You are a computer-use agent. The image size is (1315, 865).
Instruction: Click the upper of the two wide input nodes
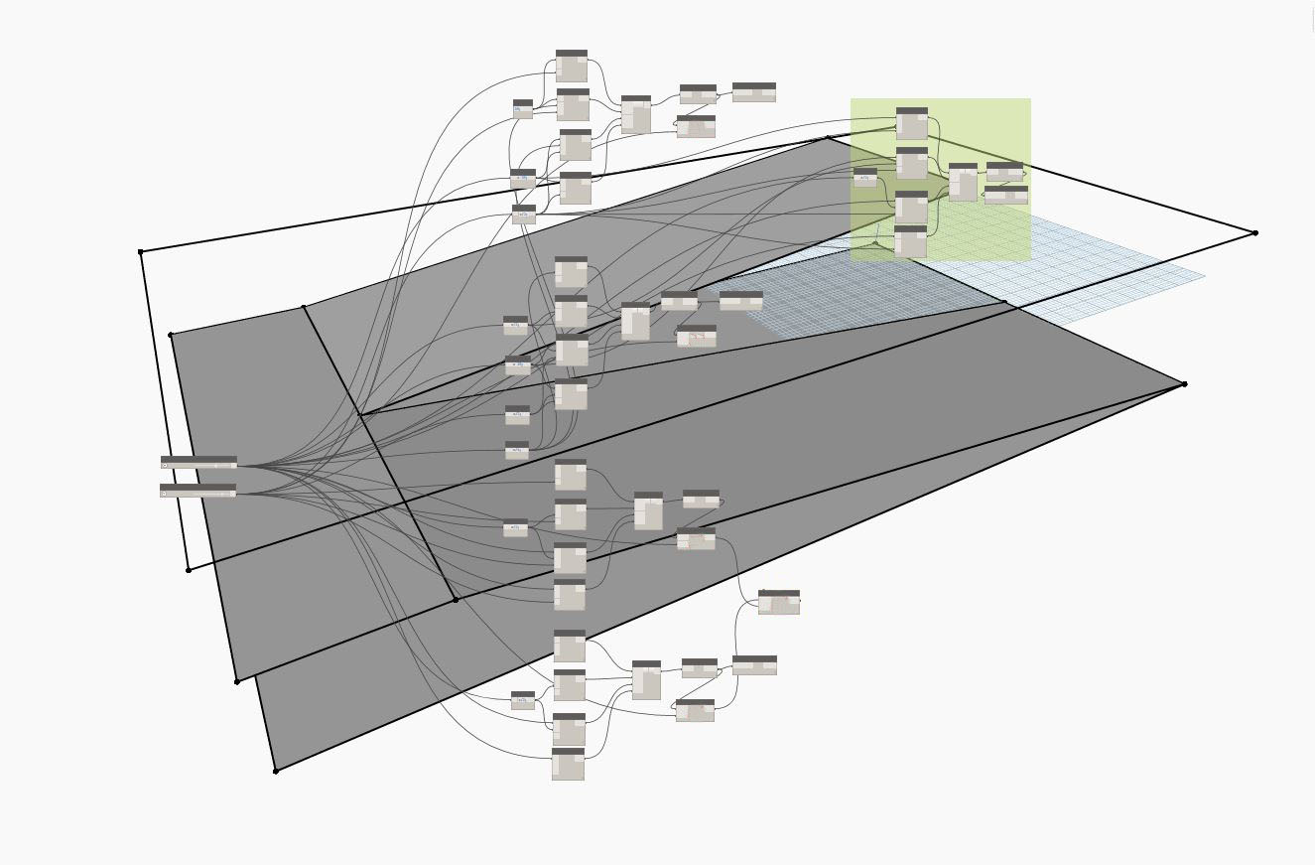[x=198, y=462]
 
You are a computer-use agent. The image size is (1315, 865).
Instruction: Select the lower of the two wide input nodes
[x=198, y=491]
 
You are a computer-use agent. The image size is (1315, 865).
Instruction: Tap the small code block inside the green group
[x=865, y=178]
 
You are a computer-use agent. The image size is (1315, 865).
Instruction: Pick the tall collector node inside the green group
[x=963, y=183]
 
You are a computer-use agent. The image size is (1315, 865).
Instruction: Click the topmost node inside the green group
[x=912, y=123]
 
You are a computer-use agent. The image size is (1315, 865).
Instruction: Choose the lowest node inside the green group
[x=910, y=241]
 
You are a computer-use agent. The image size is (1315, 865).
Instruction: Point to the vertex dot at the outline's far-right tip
[x=1255, y=233]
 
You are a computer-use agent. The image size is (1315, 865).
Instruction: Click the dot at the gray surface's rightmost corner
[x=1184, y=384]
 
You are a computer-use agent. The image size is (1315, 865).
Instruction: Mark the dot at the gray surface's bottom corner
[x=276, y=771]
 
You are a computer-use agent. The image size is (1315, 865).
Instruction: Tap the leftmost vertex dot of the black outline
[x=141, y=252]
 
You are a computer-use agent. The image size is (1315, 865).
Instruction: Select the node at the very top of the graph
[x=572, y=66]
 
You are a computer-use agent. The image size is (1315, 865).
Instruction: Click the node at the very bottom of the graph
[x=568, y=764]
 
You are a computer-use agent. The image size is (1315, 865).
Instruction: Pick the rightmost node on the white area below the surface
[x=779, y=602]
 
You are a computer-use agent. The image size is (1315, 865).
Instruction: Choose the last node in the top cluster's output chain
[x=754, y=92]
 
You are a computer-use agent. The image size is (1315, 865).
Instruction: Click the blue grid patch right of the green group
[x=1112, y=268]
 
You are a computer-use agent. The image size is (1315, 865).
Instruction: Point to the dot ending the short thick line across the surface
[x=456, y=600]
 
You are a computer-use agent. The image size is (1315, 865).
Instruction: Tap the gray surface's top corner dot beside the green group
[x=828, y=138]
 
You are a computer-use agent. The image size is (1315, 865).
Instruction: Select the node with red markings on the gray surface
[x=697, y=336]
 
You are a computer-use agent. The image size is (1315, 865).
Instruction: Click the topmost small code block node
[x=523, y=108]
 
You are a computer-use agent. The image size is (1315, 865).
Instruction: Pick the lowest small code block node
[x=523, y=700]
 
